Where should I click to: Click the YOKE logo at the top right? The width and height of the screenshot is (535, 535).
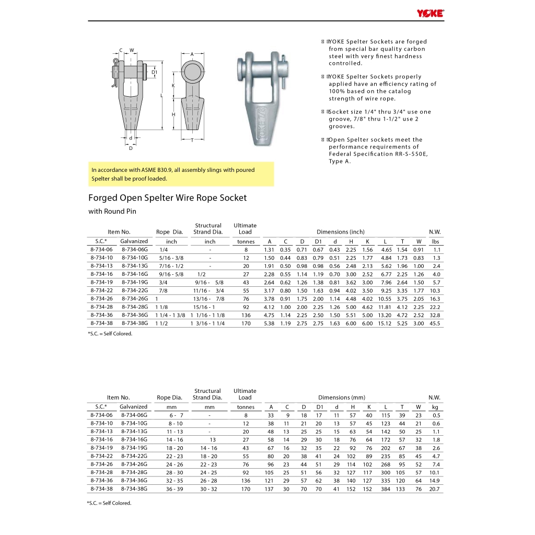[431, 14]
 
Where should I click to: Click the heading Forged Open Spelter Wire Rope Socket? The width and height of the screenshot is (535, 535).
[167, 198]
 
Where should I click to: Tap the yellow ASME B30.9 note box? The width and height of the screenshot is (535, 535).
[181, 174]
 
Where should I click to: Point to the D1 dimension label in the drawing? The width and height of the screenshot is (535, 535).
[155, 72]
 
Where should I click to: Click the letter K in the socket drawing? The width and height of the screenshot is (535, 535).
[172, 85]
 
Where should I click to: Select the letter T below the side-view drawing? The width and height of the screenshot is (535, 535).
[192, 141]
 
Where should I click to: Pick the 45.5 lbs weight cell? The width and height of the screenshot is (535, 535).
[435, 323]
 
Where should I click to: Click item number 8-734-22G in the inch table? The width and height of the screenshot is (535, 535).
[135, 290]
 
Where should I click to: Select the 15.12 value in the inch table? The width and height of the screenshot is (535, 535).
[385, 323]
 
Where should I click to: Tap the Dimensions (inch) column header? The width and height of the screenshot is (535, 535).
[341, 232]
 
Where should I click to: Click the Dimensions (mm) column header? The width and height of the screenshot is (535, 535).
[342, 398]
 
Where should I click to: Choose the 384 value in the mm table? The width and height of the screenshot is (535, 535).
[386, 489]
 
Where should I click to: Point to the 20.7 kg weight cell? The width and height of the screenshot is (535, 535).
[435, 489]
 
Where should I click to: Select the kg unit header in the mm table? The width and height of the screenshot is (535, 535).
[435, 406]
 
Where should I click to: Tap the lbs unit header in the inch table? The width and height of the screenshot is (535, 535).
[435, 241]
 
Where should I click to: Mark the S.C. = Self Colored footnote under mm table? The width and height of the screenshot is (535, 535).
[109, 503]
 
